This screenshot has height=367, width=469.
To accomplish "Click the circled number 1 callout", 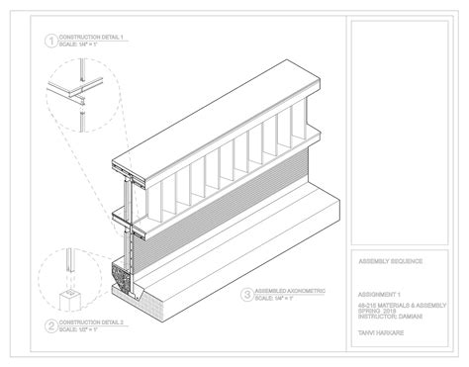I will [x=48, y=42].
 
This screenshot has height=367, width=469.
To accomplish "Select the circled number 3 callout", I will [x=246, y=294].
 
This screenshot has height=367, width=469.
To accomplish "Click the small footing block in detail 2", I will [x=72, y=298].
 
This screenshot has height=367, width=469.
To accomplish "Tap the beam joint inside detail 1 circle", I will [x=73, y=97].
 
